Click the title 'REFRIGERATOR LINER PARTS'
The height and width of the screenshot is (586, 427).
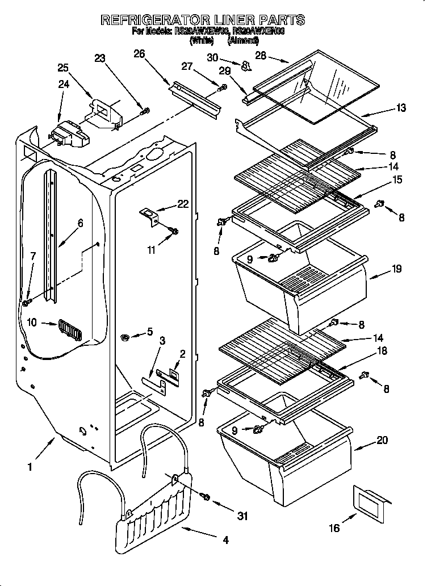coord(202,20)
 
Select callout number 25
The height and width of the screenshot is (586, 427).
coord(63,68)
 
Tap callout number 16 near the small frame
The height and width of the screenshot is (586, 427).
coord(335,528)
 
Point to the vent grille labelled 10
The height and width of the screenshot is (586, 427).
coord(69,330)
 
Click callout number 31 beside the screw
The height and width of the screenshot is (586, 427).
coord(244,516)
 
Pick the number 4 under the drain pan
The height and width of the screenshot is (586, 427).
coord(225,541)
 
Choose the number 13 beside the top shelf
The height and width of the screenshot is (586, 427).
coord(401,108)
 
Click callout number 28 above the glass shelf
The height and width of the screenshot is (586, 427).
coord(261,55)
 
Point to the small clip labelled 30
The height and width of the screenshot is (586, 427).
coord(246,67)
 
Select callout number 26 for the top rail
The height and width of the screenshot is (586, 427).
coord(139,54)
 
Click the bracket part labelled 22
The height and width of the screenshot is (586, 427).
coord(149,216)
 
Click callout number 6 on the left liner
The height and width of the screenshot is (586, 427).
coord(81,223)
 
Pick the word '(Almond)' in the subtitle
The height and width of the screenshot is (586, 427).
coord(243,40)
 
